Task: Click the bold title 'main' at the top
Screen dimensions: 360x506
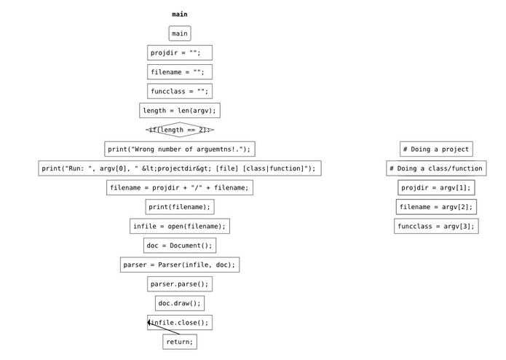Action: click(x=180, y=14)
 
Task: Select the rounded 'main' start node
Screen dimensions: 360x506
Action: click(x=180, y=34)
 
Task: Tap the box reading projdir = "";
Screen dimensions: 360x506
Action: click(x=180, y=52)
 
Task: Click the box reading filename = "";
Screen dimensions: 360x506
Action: click(x=180, y=72)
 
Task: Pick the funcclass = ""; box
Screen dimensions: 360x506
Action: click(x=180, y=91)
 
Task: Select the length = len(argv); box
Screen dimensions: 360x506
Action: click(x=180, y=111)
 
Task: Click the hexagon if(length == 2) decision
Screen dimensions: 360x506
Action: click(x=180, y=130)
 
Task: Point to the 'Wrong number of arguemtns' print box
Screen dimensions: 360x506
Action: click(x=180, y=149)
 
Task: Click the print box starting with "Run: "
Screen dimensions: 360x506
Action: click(x=180, y=168)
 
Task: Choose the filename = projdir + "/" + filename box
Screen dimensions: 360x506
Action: click(x=180, y=188)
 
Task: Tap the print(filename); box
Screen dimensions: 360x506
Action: click(x=180, y=207)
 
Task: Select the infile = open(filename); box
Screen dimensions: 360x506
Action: click(x=180, y=227)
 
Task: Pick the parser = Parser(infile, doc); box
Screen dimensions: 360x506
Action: click(x=180, y=265)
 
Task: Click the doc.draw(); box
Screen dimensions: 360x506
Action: click(x=180, y=303)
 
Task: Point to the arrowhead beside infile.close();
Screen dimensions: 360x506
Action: click(x=149, y=322)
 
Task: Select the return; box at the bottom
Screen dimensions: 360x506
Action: click(x=180, y=342)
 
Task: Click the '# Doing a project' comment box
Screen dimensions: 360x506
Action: click(x=436, y=149)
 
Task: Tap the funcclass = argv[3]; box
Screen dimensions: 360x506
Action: click(x=436, y=227)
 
